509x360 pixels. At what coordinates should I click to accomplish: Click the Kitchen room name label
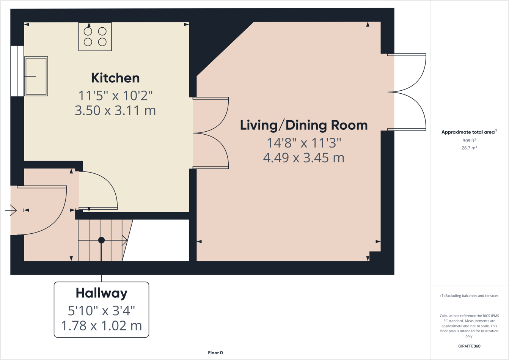pyautogui.click(x=115, y=78)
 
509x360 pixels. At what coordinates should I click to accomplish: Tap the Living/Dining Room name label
pyautogui.click(x=303, y=125)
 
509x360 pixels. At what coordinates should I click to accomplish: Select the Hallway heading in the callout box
pyautogui.click(x=101, y=293)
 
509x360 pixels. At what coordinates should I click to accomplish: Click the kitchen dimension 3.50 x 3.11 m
pyautogui.click(x=115, y=110)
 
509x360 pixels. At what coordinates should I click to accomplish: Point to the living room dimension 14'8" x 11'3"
pyautogui.click(x=303, y=143)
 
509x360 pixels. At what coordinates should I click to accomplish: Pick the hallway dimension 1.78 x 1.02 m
pyautogui.click(x=101, y=325)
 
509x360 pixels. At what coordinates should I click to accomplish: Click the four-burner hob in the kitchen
pyautogui.click(x=95, y=36)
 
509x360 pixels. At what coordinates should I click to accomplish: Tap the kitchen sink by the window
pyautogui.click(x=36, y=76)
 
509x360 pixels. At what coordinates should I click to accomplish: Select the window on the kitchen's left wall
pyautogui.click(x=17, y=71)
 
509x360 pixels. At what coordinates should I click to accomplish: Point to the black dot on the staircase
pyautogui.click(x=101, y=240)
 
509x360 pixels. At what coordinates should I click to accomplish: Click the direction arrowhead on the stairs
pyautogui.click(x=124, y=240)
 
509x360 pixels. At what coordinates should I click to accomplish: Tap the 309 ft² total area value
pyautogui.click(x=469, y=140)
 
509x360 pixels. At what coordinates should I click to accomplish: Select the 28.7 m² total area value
pyautogui.click(x=469, y=148)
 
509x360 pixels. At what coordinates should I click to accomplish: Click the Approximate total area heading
pyautogui.click(x=469, y=132)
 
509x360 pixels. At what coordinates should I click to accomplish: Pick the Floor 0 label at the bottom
pyautogui.click(x=215, y=353)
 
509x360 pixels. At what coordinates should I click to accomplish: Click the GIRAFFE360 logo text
pyautogui.click(x=469, y=346)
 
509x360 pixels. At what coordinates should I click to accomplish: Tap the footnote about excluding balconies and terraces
pyautogui.click(x=469, y=296)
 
